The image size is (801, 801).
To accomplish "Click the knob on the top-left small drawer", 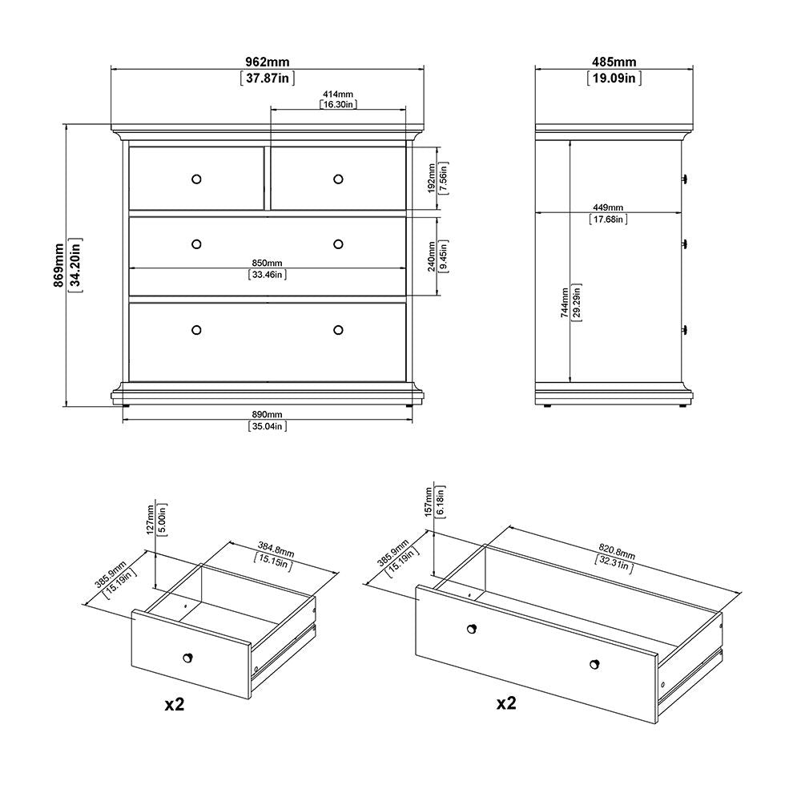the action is tap(196, 179).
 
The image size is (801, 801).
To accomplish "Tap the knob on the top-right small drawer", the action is tap(338, 179).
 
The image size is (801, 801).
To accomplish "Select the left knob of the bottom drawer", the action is tap(196, 330).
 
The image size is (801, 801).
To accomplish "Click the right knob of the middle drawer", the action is tap(338, 244).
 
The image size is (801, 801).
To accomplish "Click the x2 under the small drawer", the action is tap(174, 705).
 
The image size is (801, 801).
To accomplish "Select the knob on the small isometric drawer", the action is tap(188, 658).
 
